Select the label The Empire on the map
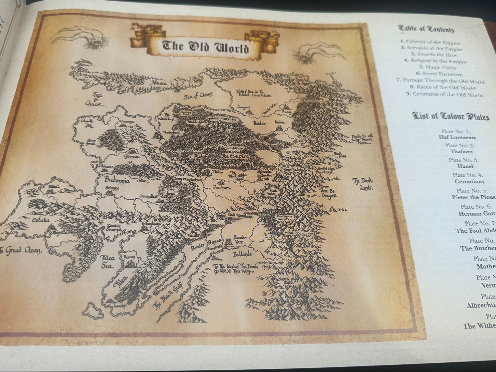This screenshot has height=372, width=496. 235,156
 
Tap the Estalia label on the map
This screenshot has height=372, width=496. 41,220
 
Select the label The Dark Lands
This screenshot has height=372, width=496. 363,184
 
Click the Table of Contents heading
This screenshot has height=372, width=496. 426,29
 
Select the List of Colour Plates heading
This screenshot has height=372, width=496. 450,117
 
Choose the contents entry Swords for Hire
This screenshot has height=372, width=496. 434,55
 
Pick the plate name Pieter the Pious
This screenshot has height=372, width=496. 473,197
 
